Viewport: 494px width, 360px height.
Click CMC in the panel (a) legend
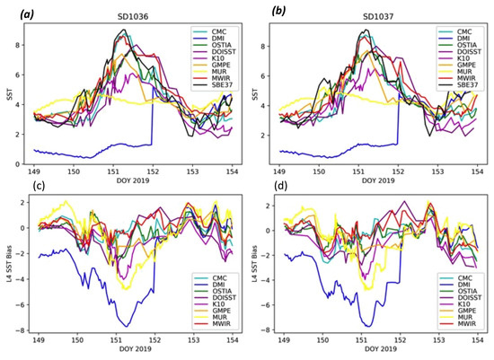213,31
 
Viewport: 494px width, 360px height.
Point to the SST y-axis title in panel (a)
7,92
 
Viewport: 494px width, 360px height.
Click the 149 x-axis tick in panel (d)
284,344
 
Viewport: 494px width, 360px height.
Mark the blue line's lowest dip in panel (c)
128,326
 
